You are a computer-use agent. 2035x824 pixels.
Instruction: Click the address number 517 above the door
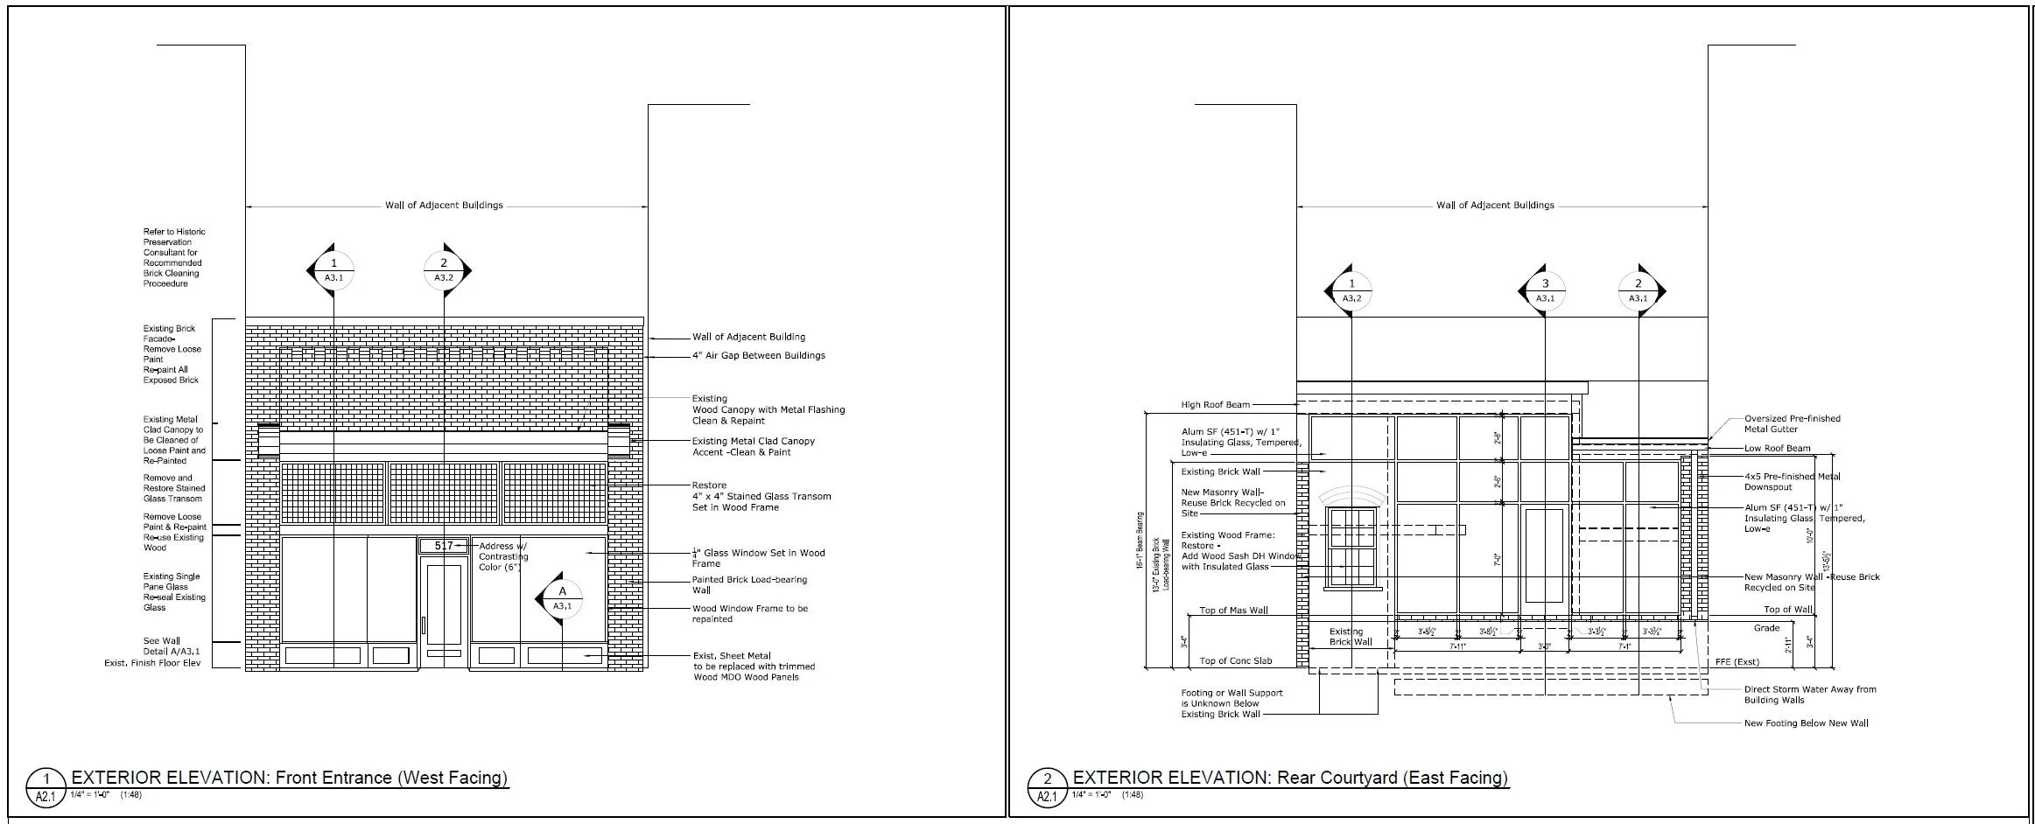[x=444, y=546]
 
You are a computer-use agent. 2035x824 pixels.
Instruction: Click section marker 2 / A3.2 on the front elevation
[x=444, y=270]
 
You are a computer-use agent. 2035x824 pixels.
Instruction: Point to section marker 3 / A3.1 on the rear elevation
[x=1545, y=290]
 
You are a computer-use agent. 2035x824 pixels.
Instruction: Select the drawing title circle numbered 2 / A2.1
[x=1047, y=786]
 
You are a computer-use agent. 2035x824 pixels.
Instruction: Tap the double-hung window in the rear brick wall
[x=1352, y=547]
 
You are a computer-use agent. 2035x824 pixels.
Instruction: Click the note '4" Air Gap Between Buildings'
[x=758, y=356]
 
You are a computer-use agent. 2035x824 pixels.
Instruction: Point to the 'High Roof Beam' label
[x=1215, y=405]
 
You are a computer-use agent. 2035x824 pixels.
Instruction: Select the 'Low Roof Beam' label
[x=1777, y=449]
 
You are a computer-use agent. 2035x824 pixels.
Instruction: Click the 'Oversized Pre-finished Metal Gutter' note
[x=1792, y=423]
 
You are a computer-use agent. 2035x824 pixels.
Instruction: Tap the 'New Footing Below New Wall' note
[x=1806, y=723]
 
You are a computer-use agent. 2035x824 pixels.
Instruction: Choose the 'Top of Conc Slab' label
[x=1235, y=661]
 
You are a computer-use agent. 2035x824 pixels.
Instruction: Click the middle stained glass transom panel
[x=444, y=492]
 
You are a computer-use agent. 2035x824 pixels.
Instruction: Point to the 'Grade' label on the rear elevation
[x=1766, y=628]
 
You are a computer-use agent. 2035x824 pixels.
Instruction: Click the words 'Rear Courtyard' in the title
[x=1337, y=778]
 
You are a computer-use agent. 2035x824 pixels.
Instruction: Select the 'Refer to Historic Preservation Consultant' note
[x=173, y=257]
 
